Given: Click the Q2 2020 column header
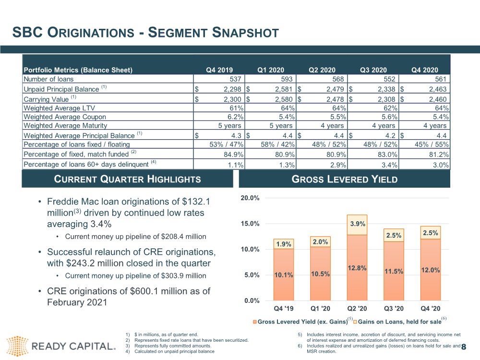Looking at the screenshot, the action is (x=322, y=70).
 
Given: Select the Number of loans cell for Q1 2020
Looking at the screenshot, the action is (x=271, y=79).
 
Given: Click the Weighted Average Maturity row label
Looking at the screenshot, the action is (x=65, y=125).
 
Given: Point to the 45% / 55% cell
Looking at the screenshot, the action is (x=432, y=144).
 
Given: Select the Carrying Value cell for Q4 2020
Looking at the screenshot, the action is (x=425, y=99).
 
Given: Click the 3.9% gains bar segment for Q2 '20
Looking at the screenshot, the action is (x=357, y=225).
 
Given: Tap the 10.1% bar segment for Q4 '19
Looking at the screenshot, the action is (x=284, y=275).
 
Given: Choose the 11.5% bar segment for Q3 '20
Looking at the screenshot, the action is (x=394, y=271).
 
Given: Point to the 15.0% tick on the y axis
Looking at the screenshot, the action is (x=250, y=224).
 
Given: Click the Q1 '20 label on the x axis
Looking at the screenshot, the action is (x=320, y=309).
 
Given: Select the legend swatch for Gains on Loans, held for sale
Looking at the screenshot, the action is (x=355, y=322).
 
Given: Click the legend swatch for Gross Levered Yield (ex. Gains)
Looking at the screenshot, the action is (x=255, y=322).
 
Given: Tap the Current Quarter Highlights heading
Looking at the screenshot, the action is (x=127, y=179).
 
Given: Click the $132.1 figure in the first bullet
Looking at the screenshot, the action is (x=196, y=202).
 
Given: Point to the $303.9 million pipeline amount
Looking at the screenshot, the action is (x=183, y=276).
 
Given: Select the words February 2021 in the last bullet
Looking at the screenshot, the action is (x=77, y=302).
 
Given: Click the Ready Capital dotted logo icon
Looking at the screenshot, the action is (x=17, y=346).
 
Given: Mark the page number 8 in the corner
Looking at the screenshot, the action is (x=464, y=347).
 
